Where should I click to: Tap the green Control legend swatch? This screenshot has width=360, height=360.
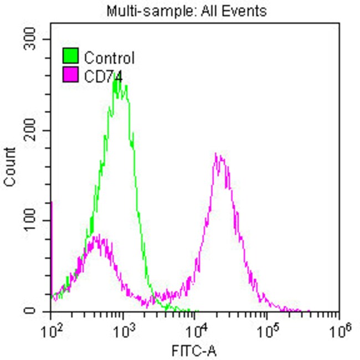pyautogui.click(x=71, y=56)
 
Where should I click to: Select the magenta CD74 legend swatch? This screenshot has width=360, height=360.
pyautogui.click(x=71, y=75)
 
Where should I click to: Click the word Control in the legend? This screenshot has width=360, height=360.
pyautogui.click(x=109, y=57)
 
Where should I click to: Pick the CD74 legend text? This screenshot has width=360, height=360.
pyautogui.click(x=103, y=75)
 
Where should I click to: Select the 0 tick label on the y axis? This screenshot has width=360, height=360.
pyautogui.click(x=38, y=311)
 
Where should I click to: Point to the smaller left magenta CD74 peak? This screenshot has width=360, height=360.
pyautogui.click(x=99, y=236)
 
